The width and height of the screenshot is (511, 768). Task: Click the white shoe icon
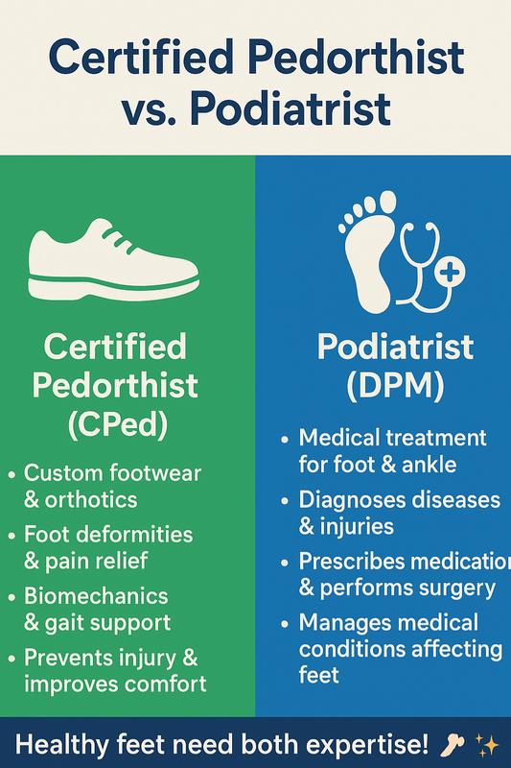[x=113, y=259]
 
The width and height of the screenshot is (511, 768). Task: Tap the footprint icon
[x=367, y=254]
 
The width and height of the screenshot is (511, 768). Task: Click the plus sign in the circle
[x=450, y=272]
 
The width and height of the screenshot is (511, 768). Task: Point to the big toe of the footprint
[x=387, y=202]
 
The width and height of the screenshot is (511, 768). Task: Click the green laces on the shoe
[x=120, y=240]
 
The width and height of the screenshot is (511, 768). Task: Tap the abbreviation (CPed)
[x=118, y=423]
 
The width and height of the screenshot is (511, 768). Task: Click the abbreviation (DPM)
[x=395, y=386]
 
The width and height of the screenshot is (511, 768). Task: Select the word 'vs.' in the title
[x=149, y=108]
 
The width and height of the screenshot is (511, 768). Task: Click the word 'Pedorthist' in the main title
[x=356, y=58]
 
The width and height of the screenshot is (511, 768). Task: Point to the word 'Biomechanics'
[x=96, y=596]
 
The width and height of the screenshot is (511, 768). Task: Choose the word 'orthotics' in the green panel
[x=91, y=499]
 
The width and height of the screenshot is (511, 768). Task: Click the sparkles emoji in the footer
[x=487, y=746]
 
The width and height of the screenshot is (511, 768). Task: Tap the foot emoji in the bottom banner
[x=453, y=745]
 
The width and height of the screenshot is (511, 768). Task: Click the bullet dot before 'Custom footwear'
[x=12, y=474]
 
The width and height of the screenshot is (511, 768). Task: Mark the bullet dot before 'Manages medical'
[x=286, y=624]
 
